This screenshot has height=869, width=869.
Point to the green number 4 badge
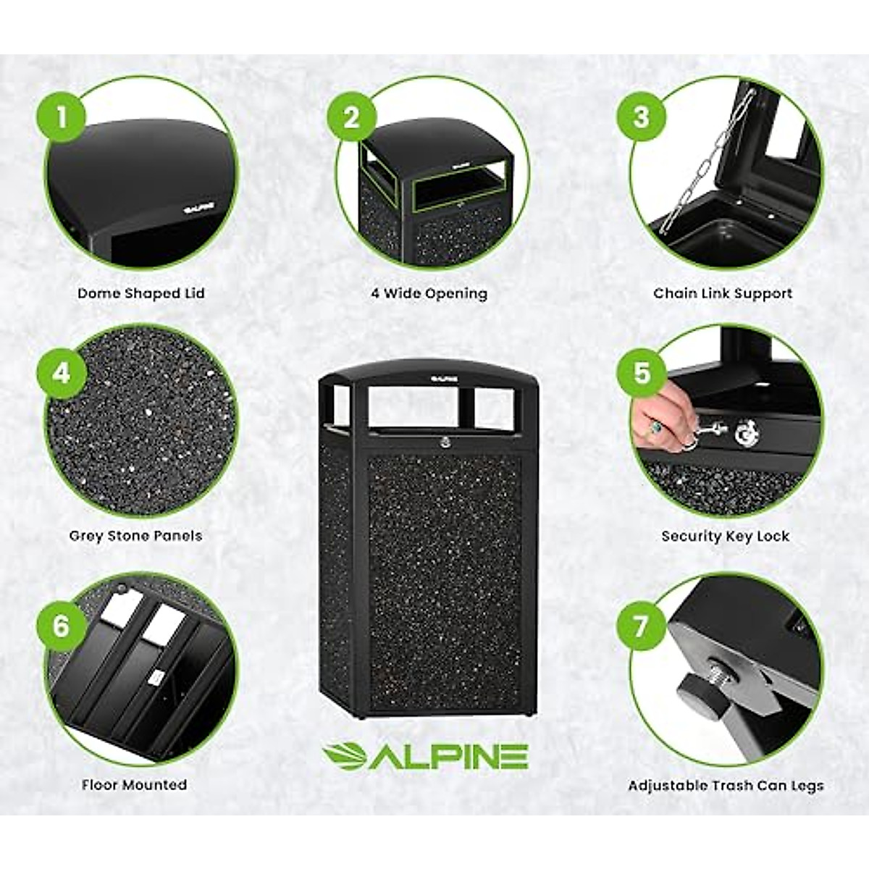pos(62,373)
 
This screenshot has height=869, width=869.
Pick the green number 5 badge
pos(641,373)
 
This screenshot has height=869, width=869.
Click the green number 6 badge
pos(62,625)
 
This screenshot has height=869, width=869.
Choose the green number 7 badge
pos(641,625)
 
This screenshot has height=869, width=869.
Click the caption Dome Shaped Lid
pos(141,293)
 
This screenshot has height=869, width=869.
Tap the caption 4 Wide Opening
pos(429,293)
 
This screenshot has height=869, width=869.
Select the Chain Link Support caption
pos(723,293)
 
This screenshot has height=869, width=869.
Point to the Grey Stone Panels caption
pos(135,536)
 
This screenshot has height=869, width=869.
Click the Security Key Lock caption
pos(725,536)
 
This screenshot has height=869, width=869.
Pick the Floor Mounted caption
pos(134,785)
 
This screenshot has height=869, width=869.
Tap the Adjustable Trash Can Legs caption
pos(726,786)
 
